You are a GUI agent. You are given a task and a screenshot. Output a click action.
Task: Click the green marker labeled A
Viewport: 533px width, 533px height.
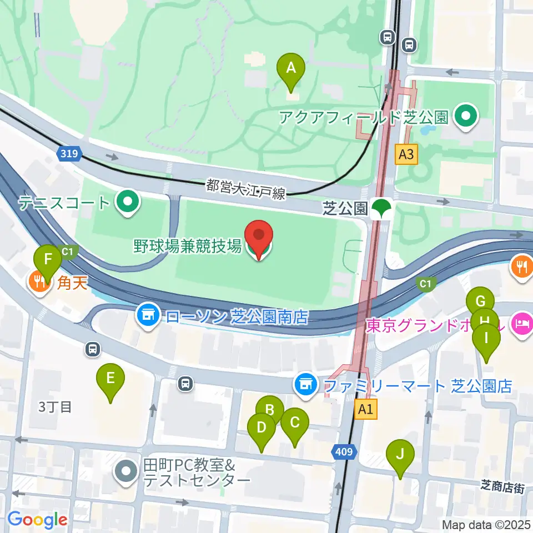click(290, 69)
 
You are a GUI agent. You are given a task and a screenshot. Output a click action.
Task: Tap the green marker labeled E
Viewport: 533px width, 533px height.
click(110, 380)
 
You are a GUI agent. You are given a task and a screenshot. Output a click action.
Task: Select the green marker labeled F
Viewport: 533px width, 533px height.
click(48, 260)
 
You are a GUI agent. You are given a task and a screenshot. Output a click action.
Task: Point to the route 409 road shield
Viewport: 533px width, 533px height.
click(344, 453)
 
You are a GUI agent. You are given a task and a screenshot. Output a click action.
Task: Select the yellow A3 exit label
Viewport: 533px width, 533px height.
click(406, 154)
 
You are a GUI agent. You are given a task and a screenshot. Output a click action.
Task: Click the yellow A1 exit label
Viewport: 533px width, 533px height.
click(365, 409)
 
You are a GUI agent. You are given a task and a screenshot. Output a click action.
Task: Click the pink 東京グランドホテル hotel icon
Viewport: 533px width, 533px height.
click(522, 323)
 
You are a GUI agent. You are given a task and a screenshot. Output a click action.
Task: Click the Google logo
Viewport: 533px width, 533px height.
click(37, 520)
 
